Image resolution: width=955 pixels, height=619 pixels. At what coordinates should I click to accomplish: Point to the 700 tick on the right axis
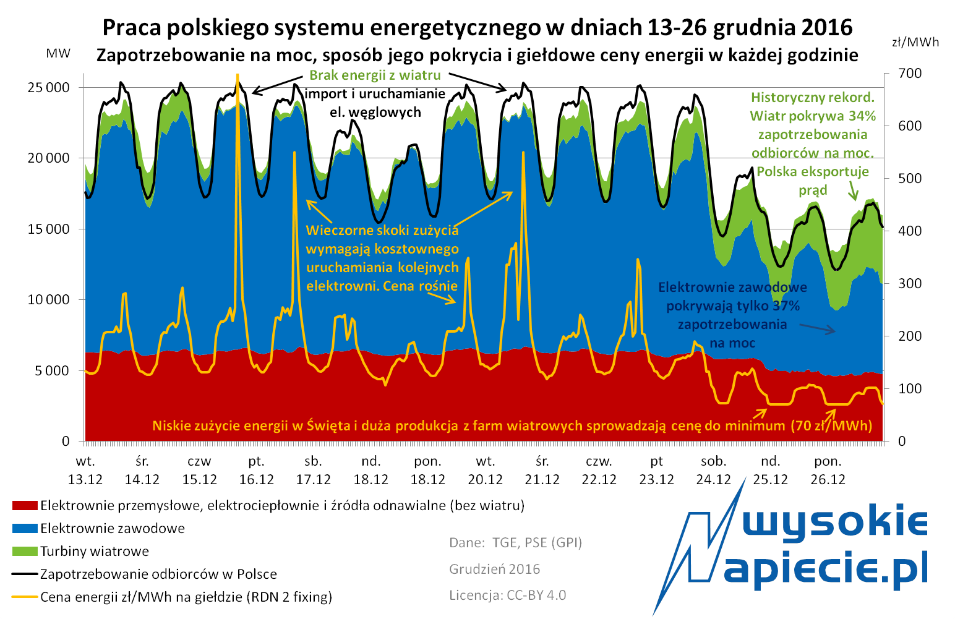[x=909, y=74]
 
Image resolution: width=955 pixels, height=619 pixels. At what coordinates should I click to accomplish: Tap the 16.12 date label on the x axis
[x=256, y=479]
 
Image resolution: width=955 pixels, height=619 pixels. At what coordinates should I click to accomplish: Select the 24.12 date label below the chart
[x=713, y=479]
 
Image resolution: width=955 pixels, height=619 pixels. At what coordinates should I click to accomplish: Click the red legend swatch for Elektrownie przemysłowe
[x=25, y=506]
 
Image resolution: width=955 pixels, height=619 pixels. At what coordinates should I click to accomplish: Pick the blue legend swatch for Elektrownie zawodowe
[x=25, y=529]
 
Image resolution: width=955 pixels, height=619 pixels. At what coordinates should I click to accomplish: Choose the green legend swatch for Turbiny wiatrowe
[x=25, y=552]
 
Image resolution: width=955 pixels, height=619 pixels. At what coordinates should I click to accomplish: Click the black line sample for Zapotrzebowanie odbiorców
[x=25, y=574]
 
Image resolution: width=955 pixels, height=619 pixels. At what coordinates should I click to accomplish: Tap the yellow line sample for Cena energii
[x=25, y=597]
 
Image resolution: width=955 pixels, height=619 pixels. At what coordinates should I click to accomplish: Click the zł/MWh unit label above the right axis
[x=915, y=42]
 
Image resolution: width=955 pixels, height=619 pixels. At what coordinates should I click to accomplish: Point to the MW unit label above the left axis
[x=58, y=54]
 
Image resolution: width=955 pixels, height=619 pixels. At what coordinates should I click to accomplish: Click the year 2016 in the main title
[x=826, y=27]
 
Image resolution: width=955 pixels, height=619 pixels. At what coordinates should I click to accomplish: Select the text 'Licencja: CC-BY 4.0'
[x=507, y=595]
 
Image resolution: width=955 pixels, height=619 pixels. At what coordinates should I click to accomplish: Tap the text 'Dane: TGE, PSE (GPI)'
[x=515, y=542]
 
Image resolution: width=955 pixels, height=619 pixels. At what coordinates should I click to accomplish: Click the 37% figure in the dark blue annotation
[x=786, y=305]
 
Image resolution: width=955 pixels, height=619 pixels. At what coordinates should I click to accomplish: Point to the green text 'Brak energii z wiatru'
[x=375, y=75]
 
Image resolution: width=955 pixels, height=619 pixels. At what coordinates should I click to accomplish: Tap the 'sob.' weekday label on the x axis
[x=713, y=461]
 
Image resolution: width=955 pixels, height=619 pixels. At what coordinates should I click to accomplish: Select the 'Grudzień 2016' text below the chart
[x=494, y=569]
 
